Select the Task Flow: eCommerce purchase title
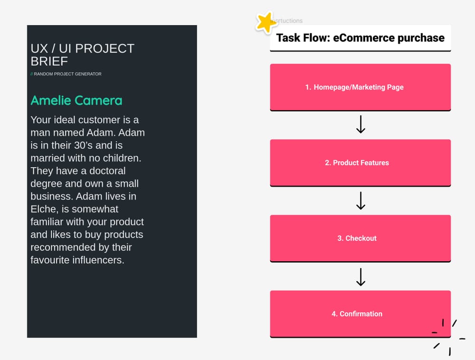(360, 38)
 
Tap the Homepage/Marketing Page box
(360, 87)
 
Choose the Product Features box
(360, 162)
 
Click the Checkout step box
(360, 238)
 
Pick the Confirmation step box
(360, 313)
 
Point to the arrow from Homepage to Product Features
(361, 125)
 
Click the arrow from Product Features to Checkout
(361, 200)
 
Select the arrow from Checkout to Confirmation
(361, 276)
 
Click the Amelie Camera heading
(76, 101)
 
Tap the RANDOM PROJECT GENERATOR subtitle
(67, 74)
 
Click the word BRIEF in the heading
(49, 61)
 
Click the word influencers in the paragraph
(96, 260)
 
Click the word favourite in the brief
(49, 260)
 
